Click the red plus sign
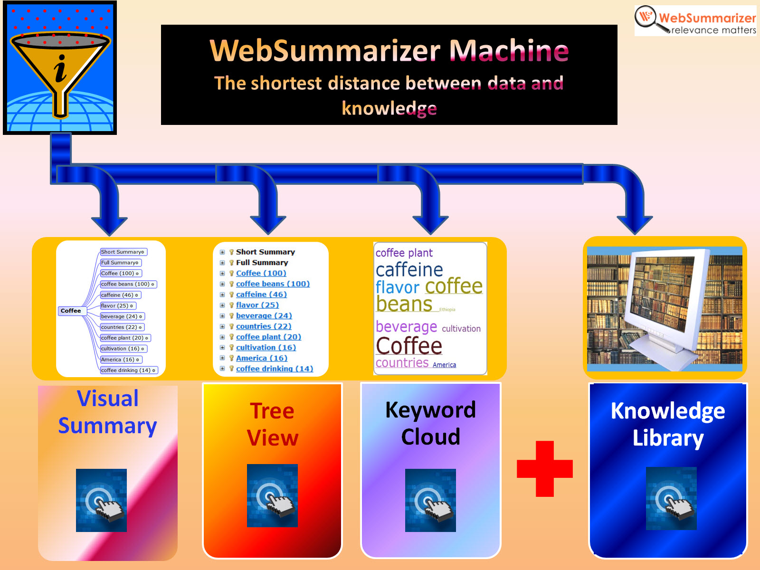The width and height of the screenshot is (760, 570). (x=544, y=469)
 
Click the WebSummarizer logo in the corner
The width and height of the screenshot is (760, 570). (x=695, y=21)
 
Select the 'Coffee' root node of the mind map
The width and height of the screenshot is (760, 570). (x=71, y=311)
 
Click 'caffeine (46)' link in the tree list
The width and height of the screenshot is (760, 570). (x=261, y=294)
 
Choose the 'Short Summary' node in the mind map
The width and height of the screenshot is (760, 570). (x=123, y=252)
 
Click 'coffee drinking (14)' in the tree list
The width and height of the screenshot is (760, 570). (x=274, y=369)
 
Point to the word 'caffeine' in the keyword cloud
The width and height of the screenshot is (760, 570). (x=409, y=270)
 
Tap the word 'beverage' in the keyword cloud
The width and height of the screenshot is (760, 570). (x=406, y=327)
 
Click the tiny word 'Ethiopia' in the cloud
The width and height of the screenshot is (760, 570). (x=447, y=310)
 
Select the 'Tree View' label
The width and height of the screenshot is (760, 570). (x=272, y=424)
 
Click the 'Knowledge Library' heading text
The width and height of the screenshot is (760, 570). (x=667, y=424)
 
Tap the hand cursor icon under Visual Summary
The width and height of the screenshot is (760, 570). (x=101, y=500)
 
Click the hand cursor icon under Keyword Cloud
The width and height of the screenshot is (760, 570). (x=430, y=500)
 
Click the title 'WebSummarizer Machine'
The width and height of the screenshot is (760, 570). (x=389, y=50)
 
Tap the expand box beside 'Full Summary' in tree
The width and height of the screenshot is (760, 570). (x=222, y=263)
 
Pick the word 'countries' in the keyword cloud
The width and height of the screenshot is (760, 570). (x=402, y=363)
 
